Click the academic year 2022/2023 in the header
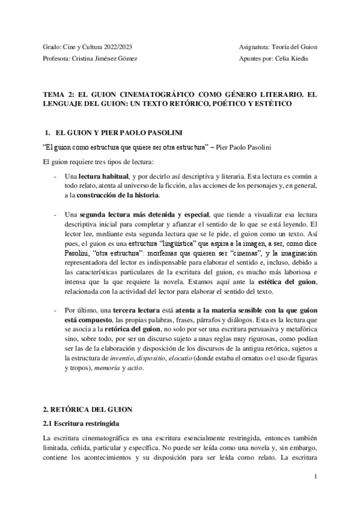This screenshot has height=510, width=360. pos(114,46)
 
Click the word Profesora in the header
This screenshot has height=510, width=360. pos(57,58)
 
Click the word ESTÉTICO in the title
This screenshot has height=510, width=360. pos(273,103)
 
